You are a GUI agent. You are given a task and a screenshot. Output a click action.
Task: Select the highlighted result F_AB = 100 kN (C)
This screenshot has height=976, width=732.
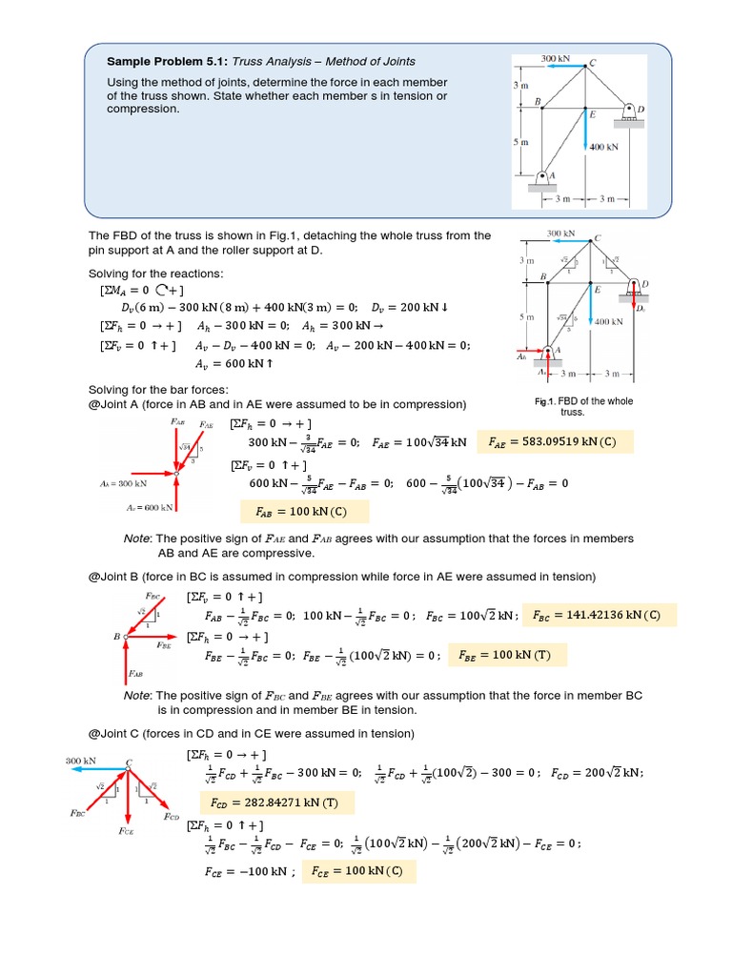[x=299, y=512]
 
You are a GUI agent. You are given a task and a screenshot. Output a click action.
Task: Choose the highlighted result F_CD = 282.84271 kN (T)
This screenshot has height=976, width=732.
[x=275, y=803]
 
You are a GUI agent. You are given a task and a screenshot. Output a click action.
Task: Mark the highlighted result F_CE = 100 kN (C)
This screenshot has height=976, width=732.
[x=360, y=871]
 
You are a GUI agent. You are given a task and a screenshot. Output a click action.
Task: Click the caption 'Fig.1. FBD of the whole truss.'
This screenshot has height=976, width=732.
[x=583, y=407]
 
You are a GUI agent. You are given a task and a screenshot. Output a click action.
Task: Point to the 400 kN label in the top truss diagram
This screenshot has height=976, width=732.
[x=603, y=147]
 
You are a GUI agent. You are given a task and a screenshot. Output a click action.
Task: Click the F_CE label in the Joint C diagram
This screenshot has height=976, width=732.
[x=126, y=830]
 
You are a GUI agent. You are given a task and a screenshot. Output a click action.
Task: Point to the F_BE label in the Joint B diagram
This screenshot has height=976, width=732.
[x=164, y=645]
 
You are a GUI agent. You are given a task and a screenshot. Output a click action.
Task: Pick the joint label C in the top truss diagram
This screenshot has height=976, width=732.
[x=593, y=63]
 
